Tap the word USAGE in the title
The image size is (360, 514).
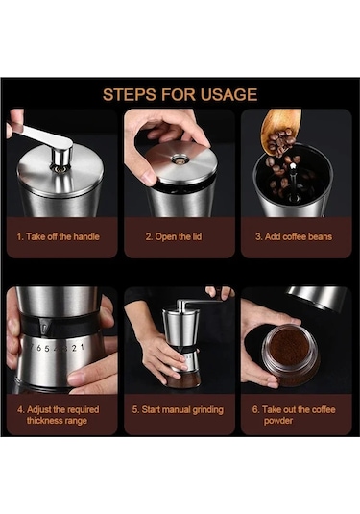click(x=229, y=94)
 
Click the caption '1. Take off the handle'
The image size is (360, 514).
click(x=58, y=236)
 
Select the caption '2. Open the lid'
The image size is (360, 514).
click(x=174, y=236)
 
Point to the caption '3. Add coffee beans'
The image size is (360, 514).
click(x=294, y=236)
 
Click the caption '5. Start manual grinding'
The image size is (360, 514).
click(x=178, y=410)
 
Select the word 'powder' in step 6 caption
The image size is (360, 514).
click(x=278, y=421)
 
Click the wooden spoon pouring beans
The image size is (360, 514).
click(x=280, y=131)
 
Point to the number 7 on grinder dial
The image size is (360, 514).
click(x=31, y=347)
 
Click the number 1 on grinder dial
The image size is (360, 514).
click(x=82, y=347)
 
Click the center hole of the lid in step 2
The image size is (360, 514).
click(x=180, y=161)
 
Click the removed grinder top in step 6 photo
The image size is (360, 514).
click(x=317, y=297)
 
